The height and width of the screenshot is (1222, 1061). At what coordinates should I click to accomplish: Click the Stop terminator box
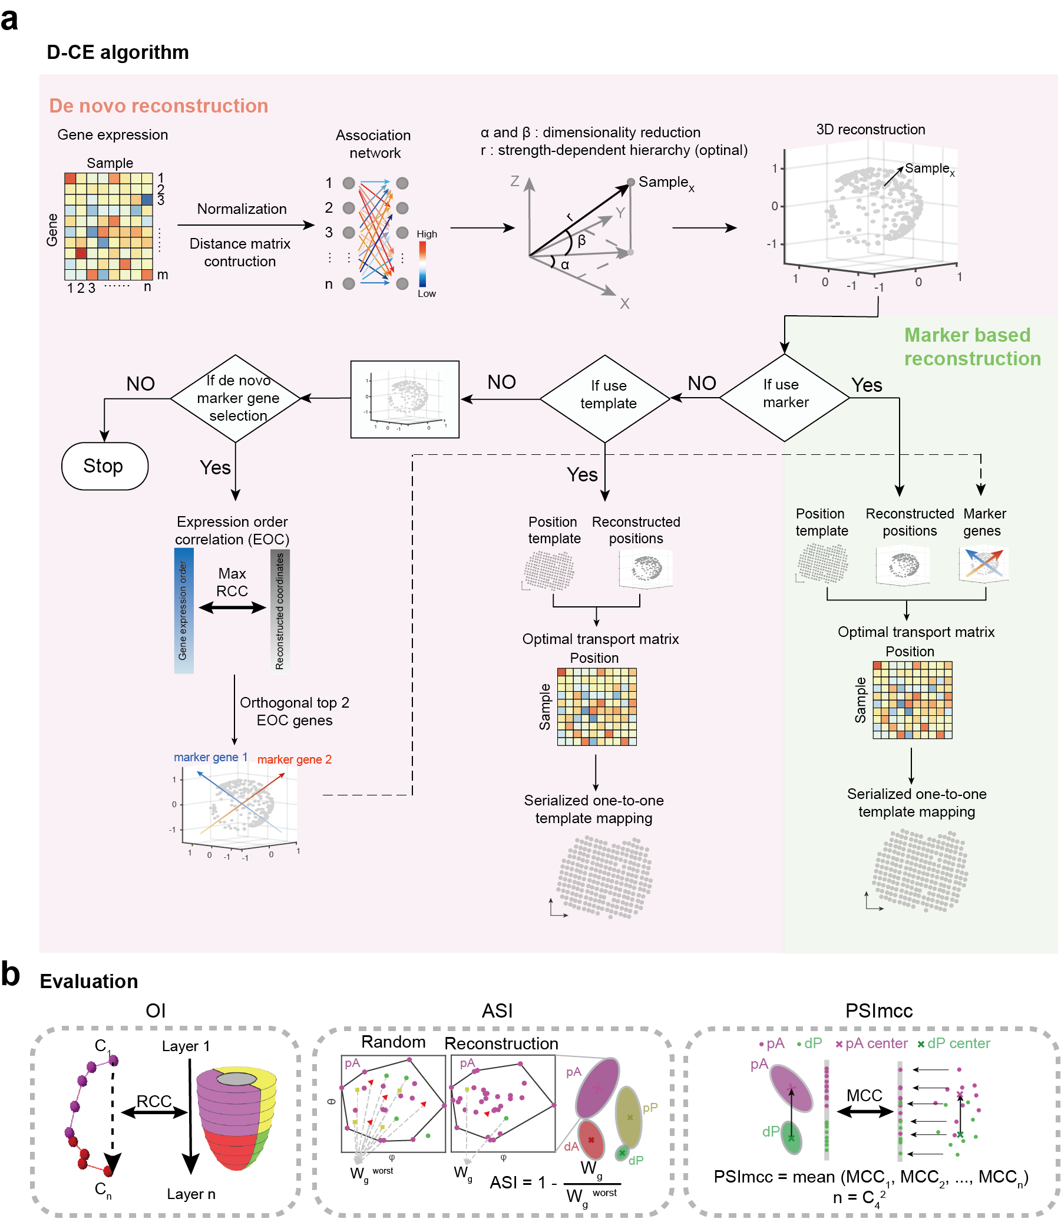[x=105, y=466]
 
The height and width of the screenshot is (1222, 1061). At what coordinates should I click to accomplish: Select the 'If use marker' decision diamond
[x=784, y=398]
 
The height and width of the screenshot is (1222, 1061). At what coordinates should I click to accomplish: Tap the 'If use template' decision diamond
[x=604, y=398]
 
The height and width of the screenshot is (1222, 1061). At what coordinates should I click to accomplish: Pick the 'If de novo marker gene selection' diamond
[x=236, y=398]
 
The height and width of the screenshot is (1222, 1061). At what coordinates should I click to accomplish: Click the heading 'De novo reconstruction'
[x=158, y=105]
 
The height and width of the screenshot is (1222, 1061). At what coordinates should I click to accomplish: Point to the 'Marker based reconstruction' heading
[x=971, y=347]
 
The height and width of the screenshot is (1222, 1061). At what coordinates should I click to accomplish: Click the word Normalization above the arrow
[x=242, y=209]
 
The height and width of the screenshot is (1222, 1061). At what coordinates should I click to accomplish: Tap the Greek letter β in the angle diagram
[x=581, y=240]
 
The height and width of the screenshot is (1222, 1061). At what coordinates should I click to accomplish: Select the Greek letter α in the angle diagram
[x=565, y=265]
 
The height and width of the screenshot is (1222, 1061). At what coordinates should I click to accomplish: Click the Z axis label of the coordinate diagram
[x=514, y=181]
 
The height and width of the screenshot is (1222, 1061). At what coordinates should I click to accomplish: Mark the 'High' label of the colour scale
[x=427, y=234]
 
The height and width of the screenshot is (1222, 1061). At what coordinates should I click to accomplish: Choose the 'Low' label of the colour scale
[x=427, y=293]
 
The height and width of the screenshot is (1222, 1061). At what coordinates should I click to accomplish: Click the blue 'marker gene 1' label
[x=210, y=757]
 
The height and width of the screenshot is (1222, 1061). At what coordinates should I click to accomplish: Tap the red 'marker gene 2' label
[x=294, y=759]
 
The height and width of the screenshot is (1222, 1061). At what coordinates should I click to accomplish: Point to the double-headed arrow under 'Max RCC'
[x=232, y=607]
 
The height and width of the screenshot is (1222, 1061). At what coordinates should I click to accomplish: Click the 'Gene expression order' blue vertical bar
[x=184, y=610]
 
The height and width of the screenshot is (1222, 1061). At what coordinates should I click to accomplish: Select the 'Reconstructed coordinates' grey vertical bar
[x=279, y=612]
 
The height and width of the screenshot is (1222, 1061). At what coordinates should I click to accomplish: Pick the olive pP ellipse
[x=628, y=1115]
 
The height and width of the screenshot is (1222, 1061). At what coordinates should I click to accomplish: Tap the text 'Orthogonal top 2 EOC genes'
[x=294, y=712]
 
